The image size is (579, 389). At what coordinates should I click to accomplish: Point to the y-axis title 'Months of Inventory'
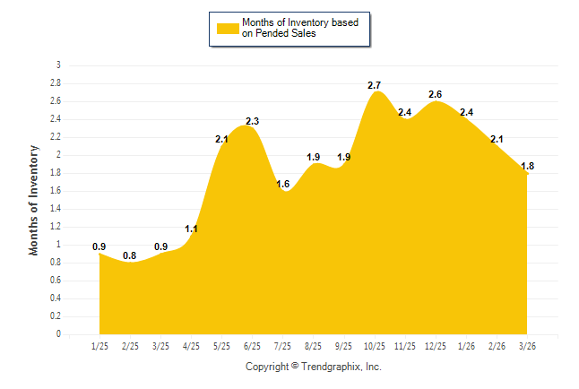[x=34, y=200]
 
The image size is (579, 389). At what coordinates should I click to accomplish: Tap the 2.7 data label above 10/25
[x=376, y=85]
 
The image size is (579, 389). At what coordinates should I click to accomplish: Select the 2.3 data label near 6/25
[x=253, y=121]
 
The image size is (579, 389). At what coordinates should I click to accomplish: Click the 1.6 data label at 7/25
[x=283, y=184]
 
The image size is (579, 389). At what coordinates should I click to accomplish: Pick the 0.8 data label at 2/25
[x=130, y=255]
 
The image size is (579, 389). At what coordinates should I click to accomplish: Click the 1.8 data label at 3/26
[x=527, y=166]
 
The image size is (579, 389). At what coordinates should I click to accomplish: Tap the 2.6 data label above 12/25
[x=436, y=94]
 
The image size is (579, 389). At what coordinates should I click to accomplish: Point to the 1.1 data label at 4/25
[x=191, y=229]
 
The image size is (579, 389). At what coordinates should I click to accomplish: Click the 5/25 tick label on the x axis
[x=221, y=345]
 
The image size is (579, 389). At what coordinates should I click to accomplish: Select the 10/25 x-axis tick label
[x=375, y=345]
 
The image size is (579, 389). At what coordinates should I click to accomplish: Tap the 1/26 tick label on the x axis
[x=466, y=345]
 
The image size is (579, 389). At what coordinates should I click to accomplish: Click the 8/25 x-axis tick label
[x=314, y=345]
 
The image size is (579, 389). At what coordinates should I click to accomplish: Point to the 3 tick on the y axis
[x=58, y=65]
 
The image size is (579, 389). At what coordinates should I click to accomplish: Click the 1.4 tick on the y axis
[x=56, y=209]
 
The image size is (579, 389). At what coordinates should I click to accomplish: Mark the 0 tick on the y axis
[x=58, y=334]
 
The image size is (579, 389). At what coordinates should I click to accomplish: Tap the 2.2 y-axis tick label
[x=56, y=137]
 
